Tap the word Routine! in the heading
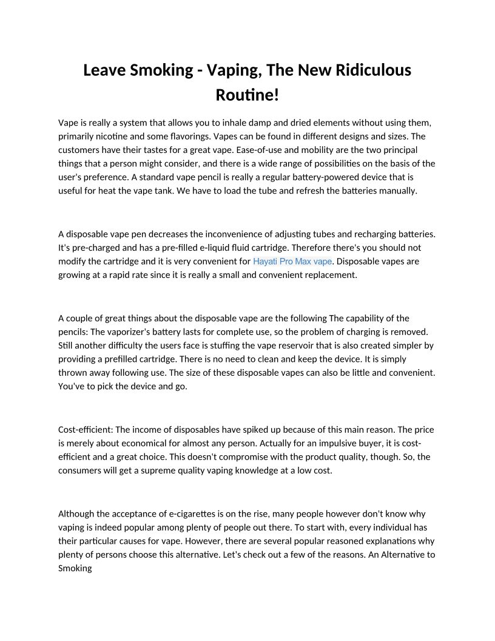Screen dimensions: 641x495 coord(247,95)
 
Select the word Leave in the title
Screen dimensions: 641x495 coord(104,70)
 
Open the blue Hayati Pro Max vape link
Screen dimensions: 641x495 coord(292,261)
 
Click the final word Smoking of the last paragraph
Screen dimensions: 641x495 coord(75,568)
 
